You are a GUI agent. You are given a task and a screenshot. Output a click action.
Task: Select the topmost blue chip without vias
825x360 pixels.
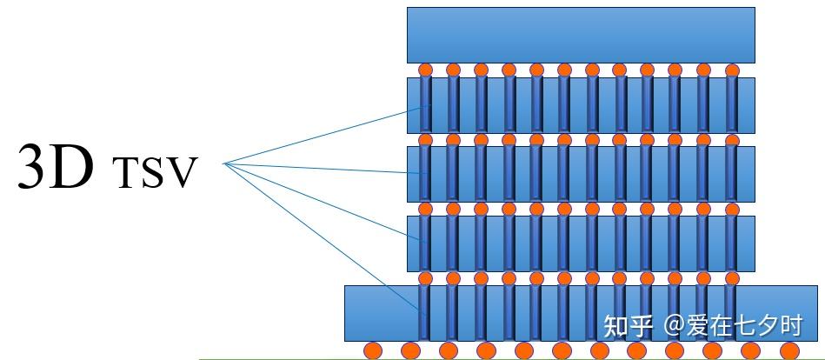(x=581, y=34)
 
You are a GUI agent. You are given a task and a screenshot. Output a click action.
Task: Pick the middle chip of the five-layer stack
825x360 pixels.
(x=581, y=174)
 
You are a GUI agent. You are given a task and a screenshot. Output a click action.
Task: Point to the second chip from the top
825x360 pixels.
(x=581, y=104)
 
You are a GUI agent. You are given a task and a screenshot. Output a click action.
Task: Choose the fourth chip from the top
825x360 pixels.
(x=581, y=243)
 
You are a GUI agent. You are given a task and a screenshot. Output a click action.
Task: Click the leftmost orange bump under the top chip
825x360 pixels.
(x=425, y=70)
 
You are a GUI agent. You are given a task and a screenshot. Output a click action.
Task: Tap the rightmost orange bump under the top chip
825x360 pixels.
(x=731, y=70)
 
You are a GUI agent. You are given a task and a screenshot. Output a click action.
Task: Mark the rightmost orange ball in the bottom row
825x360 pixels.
(x=789, y=350)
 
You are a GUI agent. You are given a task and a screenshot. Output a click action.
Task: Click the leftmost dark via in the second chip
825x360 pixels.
(x=425, y=104)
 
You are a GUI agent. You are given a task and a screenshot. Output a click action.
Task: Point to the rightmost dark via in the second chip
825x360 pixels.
(x=731, y=104)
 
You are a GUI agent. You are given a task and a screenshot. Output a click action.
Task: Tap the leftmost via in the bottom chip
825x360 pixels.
(x=425, y=312)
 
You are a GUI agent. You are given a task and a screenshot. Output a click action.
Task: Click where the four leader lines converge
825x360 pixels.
(x=225, y=163)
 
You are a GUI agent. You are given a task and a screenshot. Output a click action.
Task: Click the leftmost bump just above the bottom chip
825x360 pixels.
(x=425, y=278)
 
